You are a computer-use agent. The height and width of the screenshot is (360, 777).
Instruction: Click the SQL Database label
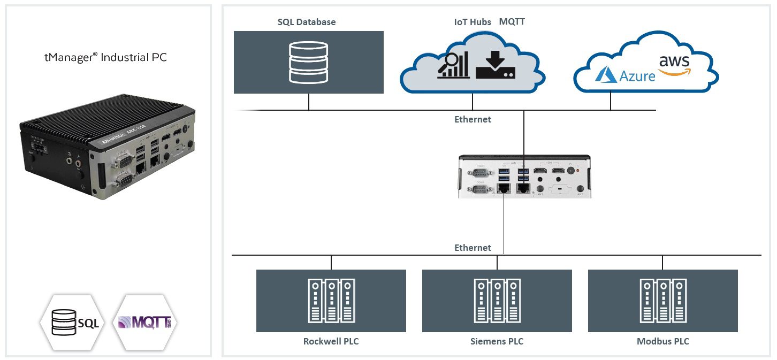click(307, 22)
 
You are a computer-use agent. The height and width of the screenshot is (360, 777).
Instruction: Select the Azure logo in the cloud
click(626, 75)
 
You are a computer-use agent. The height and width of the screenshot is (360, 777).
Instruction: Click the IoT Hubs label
click(469, 22)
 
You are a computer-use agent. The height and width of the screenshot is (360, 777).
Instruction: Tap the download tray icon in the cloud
click(496, 65)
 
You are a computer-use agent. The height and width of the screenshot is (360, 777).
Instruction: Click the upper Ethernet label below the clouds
click(473, 119)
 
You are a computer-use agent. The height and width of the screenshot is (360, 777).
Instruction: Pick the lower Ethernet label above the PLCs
click(473, 248)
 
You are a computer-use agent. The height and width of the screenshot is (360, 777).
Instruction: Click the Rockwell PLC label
click(331, 341)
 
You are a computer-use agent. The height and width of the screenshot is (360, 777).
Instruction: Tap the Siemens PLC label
click(497, 341)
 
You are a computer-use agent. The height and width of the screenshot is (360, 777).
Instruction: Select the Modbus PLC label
click(662, 341)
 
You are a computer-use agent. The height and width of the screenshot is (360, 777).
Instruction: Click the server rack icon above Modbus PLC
click(662, 301)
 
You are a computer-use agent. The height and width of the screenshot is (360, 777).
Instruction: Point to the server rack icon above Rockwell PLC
click(331, 301)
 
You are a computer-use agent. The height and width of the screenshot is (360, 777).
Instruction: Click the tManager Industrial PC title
click(105, 57)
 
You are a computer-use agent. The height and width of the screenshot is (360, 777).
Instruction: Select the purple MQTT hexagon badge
click(144, 323)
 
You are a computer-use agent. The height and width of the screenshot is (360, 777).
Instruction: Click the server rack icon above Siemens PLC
click(497, 301)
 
